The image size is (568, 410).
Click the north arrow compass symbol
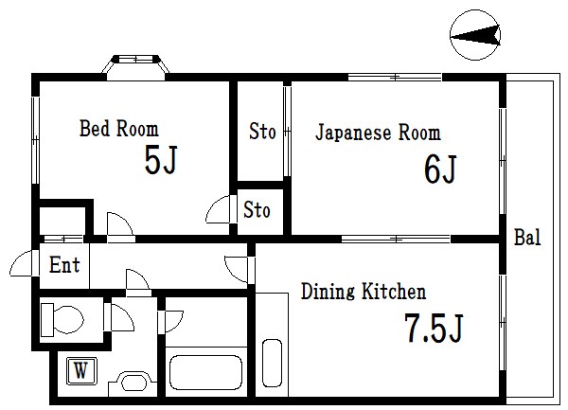(475, 35)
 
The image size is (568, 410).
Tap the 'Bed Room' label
(119, 129)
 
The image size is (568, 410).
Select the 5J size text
(161, 159)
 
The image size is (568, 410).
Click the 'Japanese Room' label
(378, 133)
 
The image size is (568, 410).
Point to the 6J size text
(440, 169)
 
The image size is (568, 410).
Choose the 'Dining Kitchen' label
(364, 292)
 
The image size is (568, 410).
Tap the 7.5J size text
(434, 329)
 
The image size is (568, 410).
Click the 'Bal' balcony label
(527, 238)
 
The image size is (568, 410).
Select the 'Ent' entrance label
(64, 264)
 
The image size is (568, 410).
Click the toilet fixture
(62, 320)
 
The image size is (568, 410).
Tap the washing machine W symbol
(81, 371)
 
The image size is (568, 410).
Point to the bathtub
(205, 372)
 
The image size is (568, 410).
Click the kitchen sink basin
(272, 364)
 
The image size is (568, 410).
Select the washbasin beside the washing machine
(133, 383)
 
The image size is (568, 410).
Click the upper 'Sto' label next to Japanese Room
(262, 131)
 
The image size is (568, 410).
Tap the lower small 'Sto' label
(257, 209)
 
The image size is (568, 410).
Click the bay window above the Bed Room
(135, 67)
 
